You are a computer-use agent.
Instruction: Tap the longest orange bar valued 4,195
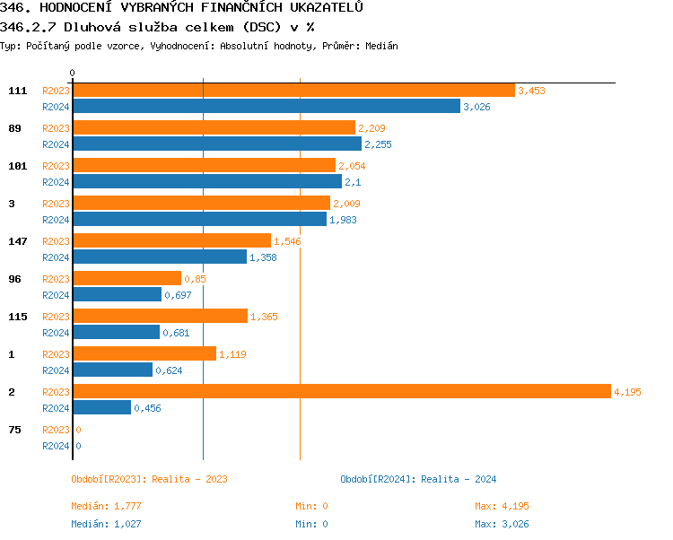[341, 392]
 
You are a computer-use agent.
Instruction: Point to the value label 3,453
[531, 91]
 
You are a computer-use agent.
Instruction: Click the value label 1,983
[343, 220]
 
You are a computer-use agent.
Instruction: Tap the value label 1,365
[265, 317]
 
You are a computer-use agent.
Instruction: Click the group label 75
[14, 430]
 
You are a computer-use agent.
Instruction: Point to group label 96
[14, 279]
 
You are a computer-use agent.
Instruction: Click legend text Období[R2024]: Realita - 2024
[418, 479]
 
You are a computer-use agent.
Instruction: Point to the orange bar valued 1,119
[144, 354]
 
